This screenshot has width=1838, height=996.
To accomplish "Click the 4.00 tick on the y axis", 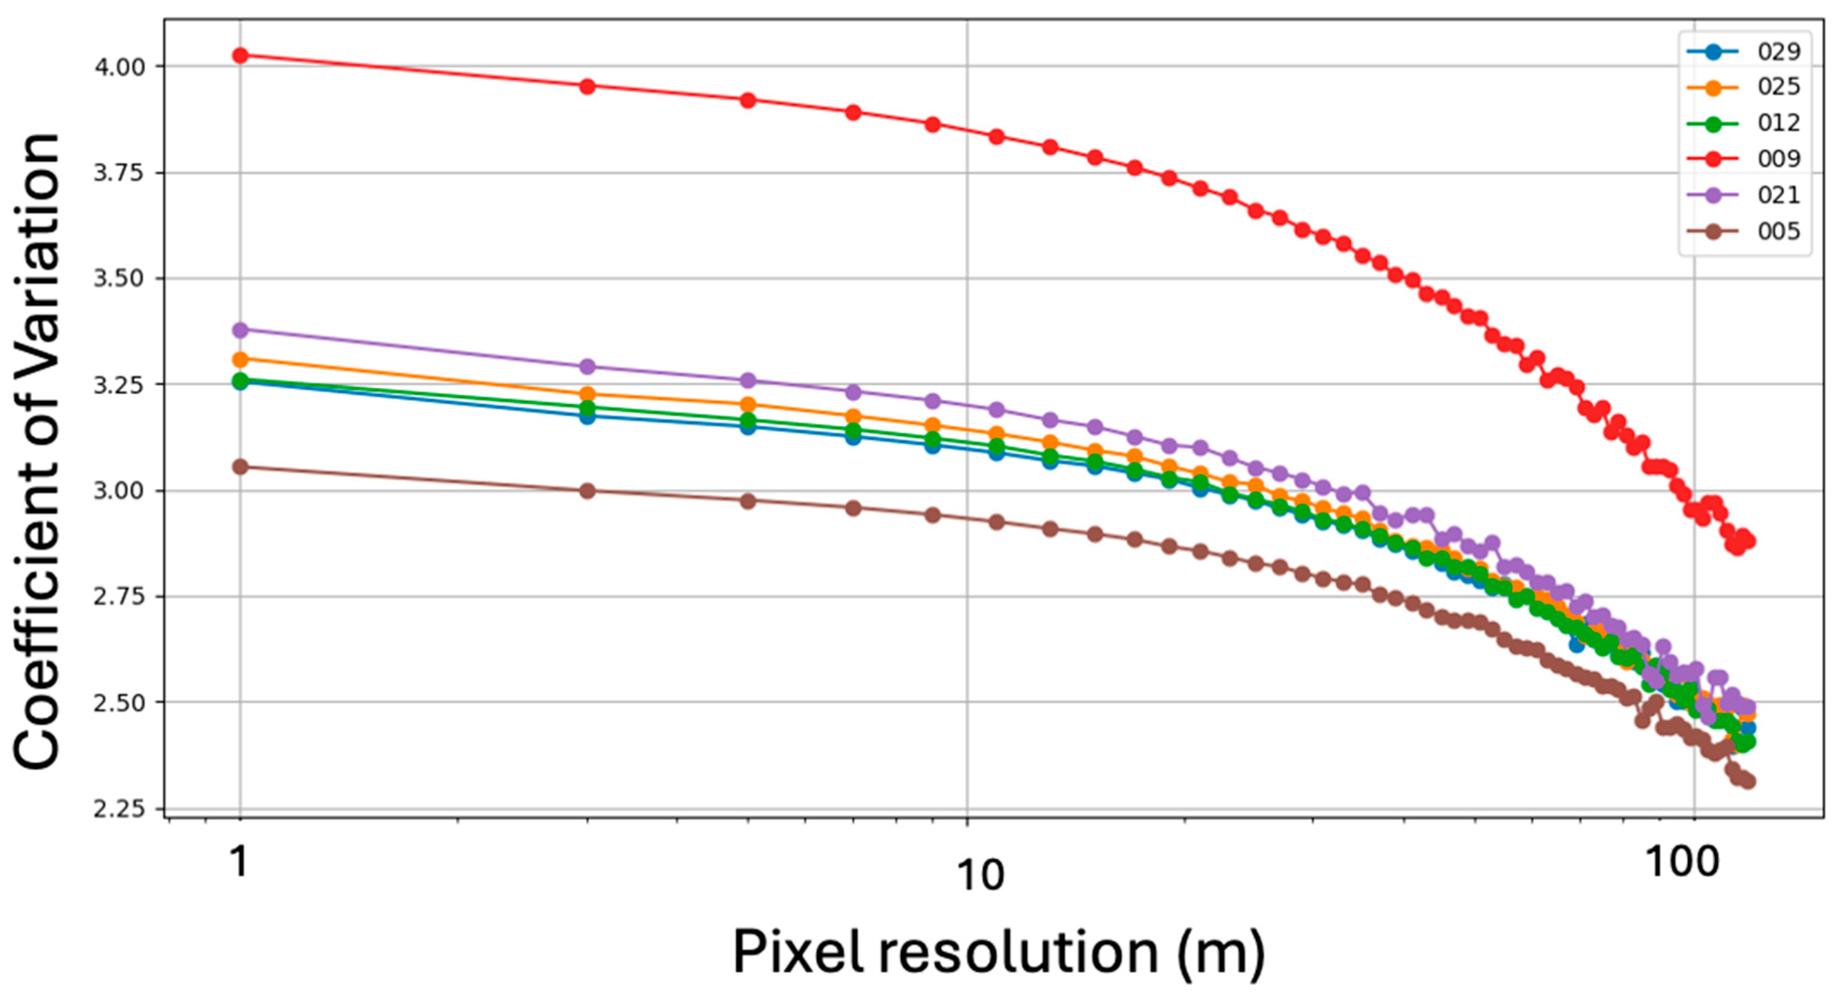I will tap(119, 67).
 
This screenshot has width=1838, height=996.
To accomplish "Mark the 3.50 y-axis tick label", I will tap(119, 278).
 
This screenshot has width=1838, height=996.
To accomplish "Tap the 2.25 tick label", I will tap(119, 809).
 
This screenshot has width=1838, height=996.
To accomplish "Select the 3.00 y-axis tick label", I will tap(119, 491).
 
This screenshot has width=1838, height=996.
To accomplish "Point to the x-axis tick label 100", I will tap(1683, 863).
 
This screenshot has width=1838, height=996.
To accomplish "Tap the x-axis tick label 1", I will tap(239, 863).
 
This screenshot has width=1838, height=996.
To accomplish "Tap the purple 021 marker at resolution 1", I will tap(241, 331).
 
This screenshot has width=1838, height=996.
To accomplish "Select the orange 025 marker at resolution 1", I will tap(241, 359).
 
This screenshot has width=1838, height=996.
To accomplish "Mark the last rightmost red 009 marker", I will tap(1748, 542).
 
